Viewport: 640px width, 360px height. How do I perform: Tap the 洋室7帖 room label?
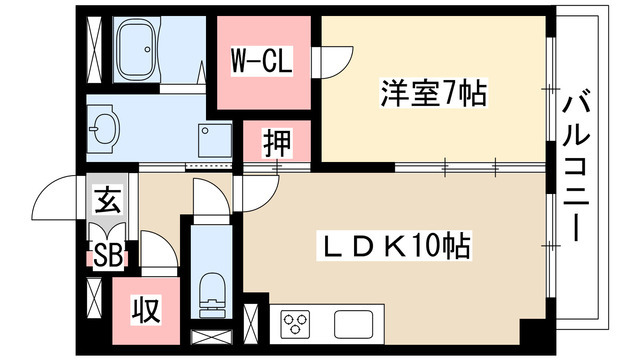(432, 96)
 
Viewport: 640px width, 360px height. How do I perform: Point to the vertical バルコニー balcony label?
(574, 164)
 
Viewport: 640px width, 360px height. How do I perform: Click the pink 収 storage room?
(146, 310)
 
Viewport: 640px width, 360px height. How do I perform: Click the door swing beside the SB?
(159, 251)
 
